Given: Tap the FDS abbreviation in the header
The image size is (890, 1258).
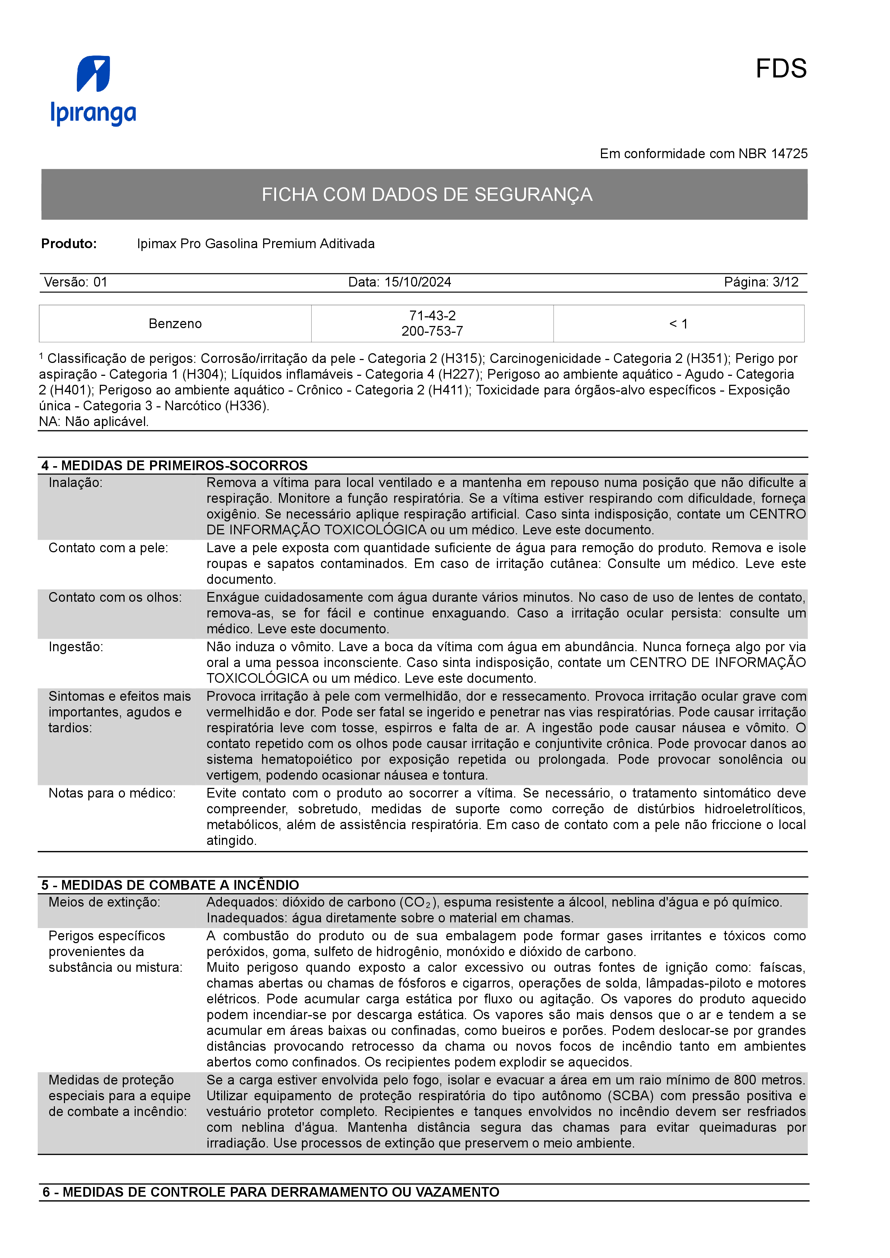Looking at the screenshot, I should pos(781,69).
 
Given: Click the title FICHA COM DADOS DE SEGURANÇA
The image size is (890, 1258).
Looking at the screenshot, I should pos(427,194).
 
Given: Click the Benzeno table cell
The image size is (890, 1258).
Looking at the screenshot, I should pos(175,324).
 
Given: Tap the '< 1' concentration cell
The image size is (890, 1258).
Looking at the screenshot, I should pos(678,324).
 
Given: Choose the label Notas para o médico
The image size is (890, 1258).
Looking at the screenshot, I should pos(112,793).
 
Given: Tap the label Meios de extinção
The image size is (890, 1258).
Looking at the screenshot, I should pos(104,902).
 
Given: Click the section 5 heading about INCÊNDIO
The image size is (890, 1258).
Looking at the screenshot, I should pos(170,885).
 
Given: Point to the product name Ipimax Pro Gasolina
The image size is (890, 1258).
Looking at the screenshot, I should pos(256,244).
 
